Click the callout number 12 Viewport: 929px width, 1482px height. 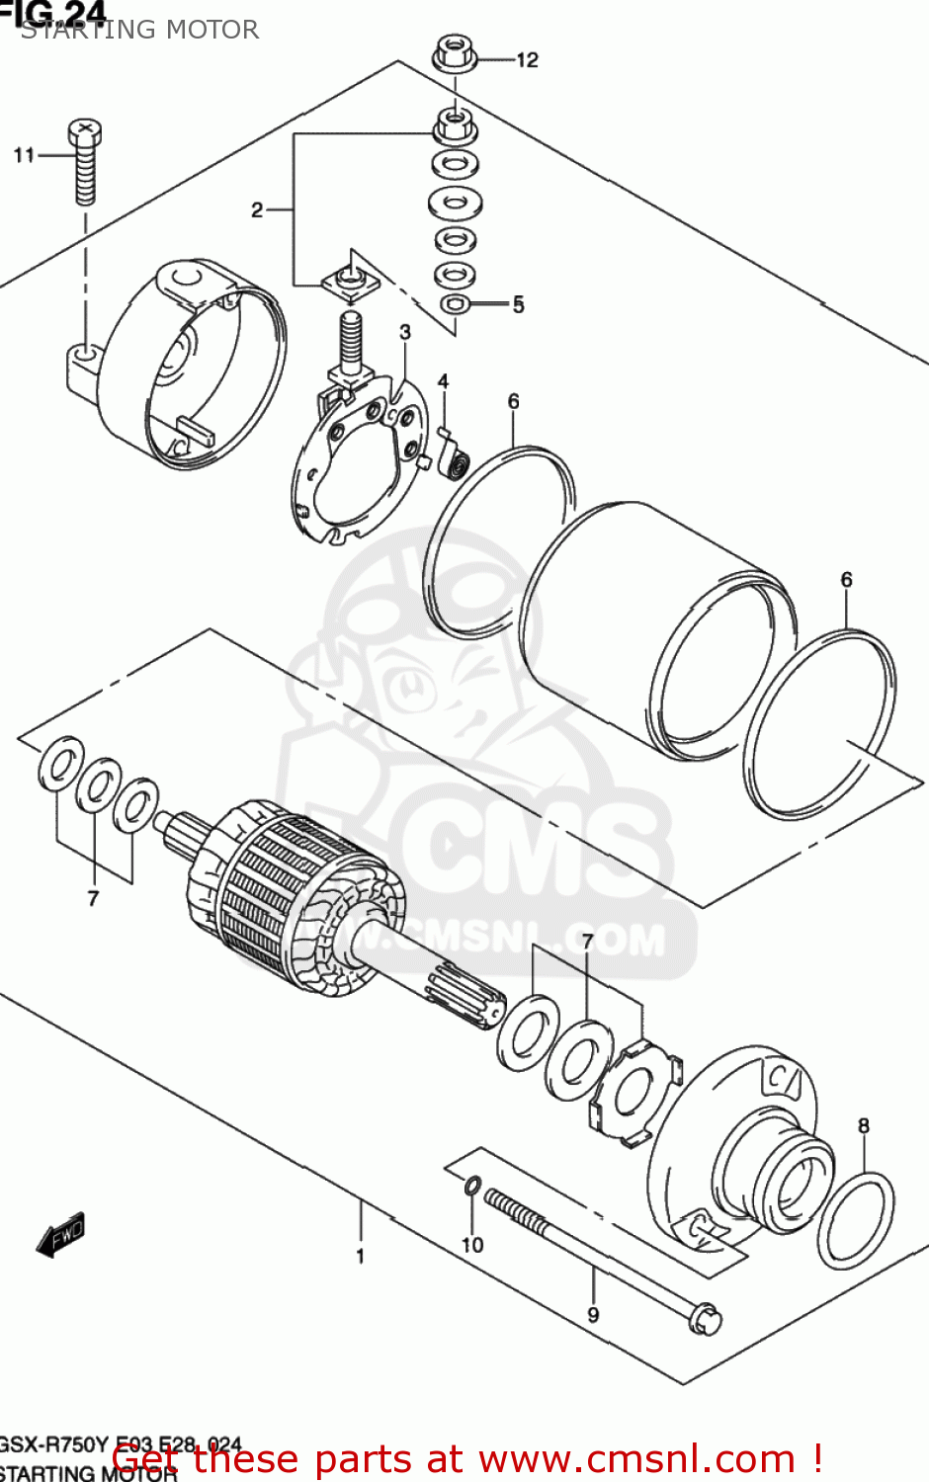(x=527, y=60)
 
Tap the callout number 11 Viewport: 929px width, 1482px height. (x=24, y=155)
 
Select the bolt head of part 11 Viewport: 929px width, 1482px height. (x=85, y=130)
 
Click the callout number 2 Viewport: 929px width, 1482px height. (x=257, y=209)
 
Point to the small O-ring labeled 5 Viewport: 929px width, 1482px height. (x=455, y=303)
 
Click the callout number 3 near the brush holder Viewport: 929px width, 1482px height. (x=405, y=332)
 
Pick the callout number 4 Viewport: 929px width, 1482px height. (x=443, y=381)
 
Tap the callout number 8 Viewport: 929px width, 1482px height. (x=864, y=1125)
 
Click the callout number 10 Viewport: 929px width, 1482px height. (x=472, y=1245)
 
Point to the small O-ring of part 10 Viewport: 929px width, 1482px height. (x=473, y=1185)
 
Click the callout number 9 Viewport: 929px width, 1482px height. (x=593, y=1314)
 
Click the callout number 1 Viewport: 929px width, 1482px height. (x=360, y=1256)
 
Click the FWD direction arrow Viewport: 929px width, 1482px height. (x=61, y=1234)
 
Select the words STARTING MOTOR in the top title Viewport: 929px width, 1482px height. (x=139, y=30)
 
